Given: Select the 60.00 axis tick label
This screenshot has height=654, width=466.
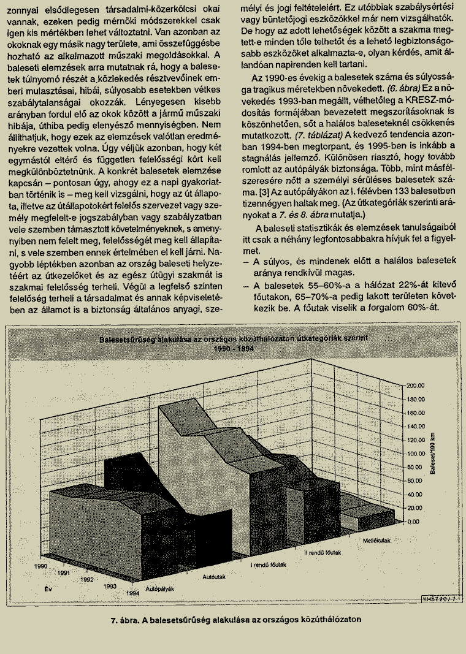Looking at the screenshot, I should (x=417, y=481).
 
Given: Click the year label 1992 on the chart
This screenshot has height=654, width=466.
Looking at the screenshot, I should (x=87, y=579).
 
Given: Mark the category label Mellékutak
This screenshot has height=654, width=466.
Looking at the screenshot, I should (x=377, y=540).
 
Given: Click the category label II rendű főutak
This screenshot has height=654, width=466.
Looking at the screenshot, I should (x=323, y=552).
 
